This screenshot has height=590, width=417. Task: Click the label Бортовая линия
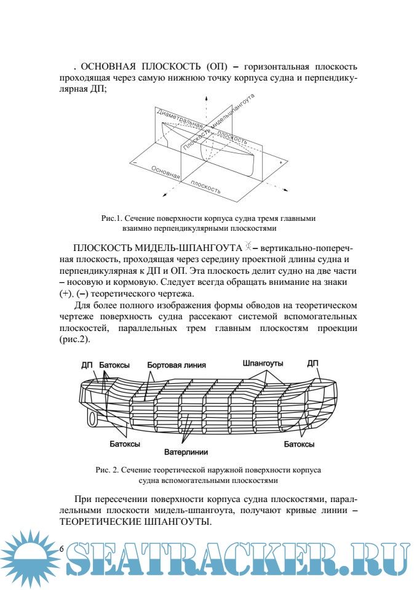tap(176, 364)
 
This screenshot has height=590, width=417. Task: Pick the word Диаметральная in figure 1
tap(180, 118)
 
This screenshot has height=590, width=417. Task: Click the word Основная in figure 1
tap(165, 172)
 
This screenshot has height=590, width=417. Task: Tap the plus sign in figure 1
tap(280, 162)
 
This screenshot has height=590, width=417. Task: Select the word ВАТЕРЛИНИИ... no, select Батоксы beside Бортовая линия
tap(114, 364)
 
